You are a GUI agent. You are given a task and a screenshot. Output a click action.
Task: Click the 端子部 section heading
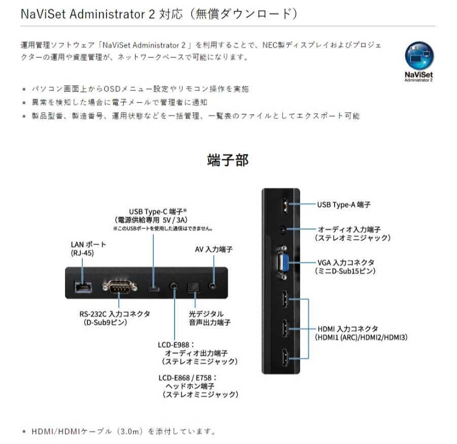(228, 160)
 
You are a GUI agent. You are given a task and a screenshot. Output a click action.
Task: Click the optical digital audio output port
(194, 287)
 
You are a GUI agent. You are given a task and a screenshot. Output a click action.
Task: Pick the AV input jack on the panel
(213, 285)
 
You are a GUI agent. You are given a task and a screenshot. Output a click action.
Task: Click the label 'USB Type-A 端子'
(344, 204)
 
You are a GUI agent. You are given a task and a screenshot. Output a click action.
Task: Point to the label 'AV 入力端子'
(214, 250)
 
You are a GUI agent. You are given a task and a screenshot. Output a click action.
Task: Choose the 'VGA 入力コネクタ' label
(346, 262)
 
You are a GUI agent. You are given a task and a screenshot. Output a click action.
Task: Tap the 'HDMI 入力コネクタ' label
(347, 329)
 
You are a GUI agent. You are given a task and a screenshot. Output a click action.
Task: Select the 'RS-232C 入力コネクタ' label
(111, 314)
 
